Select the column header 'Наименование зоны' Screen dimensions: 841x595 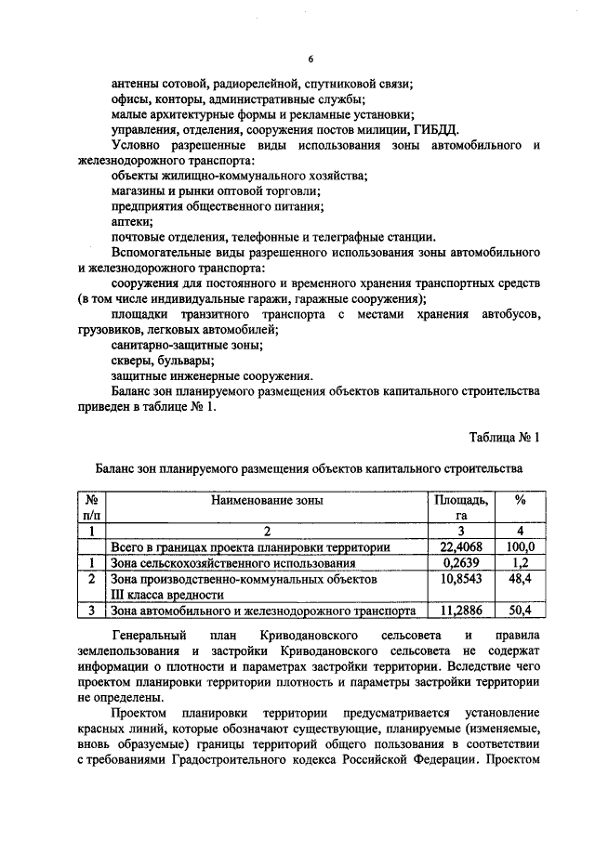coord(267,500)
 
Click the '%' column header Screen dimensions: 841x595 coord(520,500)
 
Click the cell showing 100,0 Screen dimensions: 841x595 coord(521,546)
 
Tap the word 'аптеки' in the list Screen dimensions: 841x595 coord(131,221)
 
